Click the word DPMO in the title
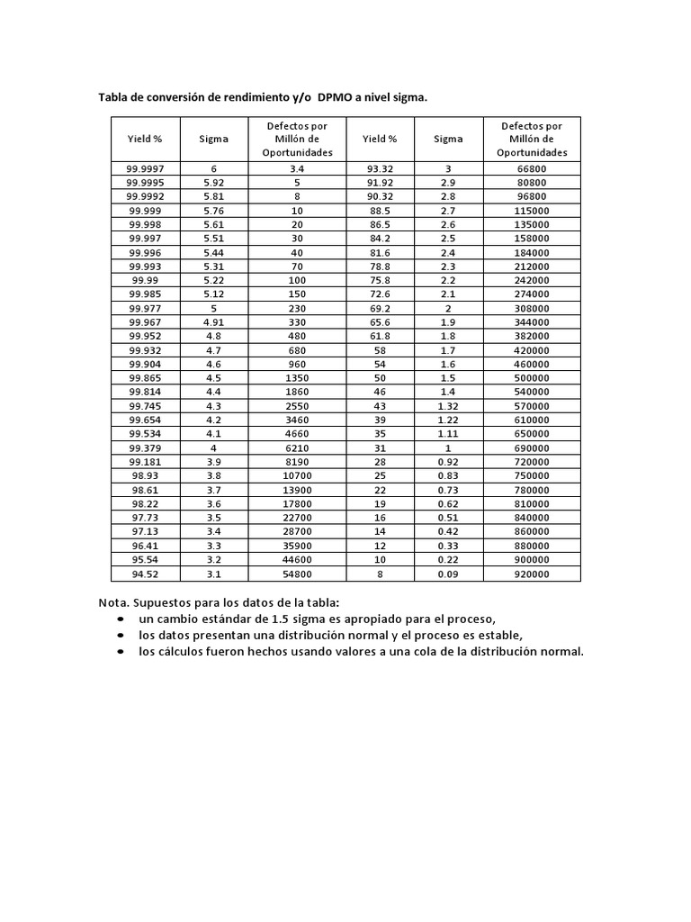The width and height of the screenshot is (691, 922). click(x=334, y=97)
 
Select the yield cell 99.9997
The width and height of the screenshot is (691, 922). click(x=145, y=168)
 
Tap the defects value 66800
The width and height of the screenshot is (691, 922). click(x=531, y=168)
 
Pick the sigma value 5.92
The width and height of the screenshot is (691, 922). click(x=213, y=182)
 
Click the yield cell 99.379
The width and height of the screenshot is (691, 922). click(x=145, y=447)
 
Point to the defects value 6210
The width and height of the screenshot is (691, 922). click(x=297, y=447)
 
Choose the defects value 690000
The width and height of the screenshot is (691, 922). click(x=531, y=447)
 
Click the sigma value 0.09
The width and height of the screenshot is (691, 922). click(x=448, y=574)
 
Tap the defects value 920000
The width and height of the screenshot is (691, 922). click(x=531, y=574)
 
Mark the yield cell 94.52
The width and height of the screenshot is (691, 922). click(x=145, y=574)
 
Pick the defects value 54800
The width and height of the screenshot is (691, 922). click(x=297, y=574)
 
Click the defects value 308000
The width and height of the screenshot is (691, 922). click(x=531, y=308)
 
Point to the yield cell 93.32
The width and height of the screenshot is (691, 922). click(x=380, y=168)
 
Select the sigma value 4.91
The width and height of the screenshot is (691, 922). click(x=213, y=321)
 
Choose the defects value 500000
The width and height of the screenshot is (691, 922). click(x=531, y=377)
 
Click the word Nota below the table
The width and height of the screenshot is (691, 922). click(x=113, y=602)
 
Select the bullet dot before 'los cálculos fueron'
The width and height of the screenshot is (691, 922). click(x=121, y=652)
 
